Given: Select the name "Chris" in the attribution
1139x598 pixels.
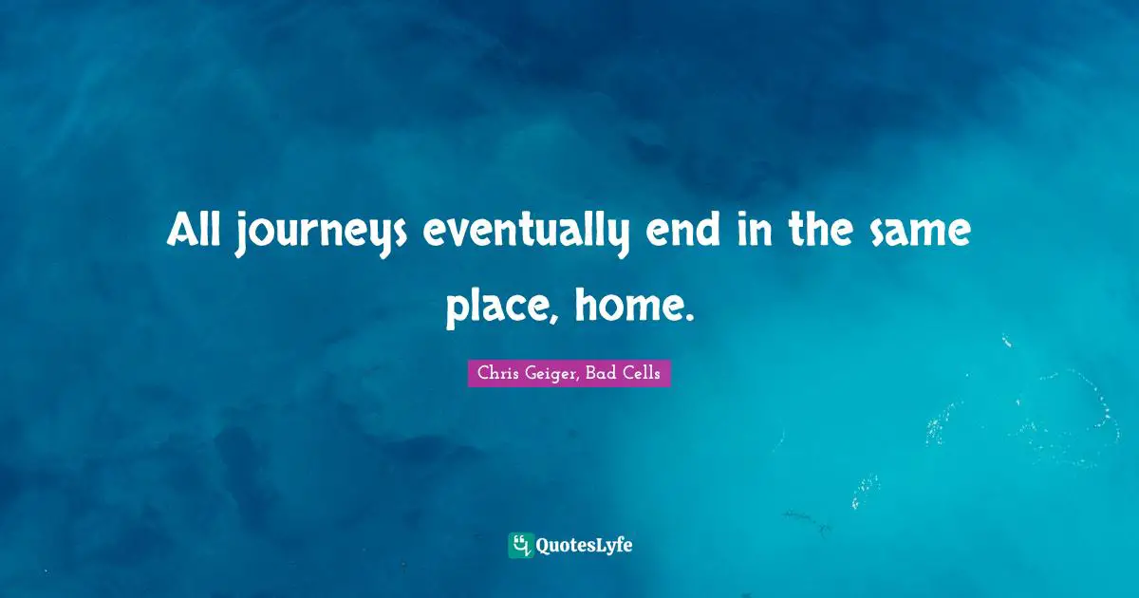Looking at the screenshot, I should (x=499, y=373).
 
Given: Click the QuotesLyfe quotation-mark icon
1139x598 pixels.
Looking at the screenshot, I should (x=520, y=545).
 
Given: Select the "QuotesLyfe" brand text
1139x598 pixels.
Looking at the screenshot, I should (x=584, y=545).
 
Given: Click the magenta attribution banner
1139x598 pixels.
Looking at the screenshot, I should (x=569, y=373).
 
